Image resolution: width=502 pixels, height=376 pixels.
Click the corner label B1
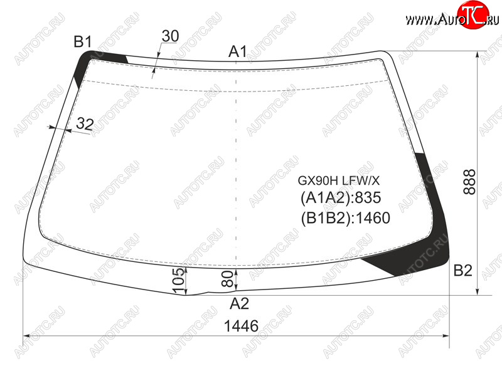click(83, 41)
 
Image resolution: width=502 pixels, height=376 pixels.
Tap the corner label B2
click(462, 271)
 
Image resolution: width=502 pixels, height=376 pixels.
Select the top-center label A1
click(238, 51)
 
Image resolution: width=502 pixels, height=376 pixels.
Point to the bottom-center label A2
click(239, 303)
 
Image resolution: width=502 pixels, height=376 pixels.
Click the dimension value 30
click(170, 36)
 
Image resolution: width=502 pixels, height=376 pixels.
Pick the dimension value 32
click(85, 123)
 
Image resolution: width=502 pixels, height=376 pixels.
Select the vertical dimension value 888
click(469, 182)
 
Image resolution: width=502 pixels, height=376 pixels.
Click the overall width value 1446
click(241, 326)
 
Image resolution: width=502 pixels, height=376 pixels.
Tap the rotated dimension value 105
click(179, 280)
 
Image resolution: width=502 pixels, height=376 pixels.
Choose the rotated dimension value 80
click(227, 278)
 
